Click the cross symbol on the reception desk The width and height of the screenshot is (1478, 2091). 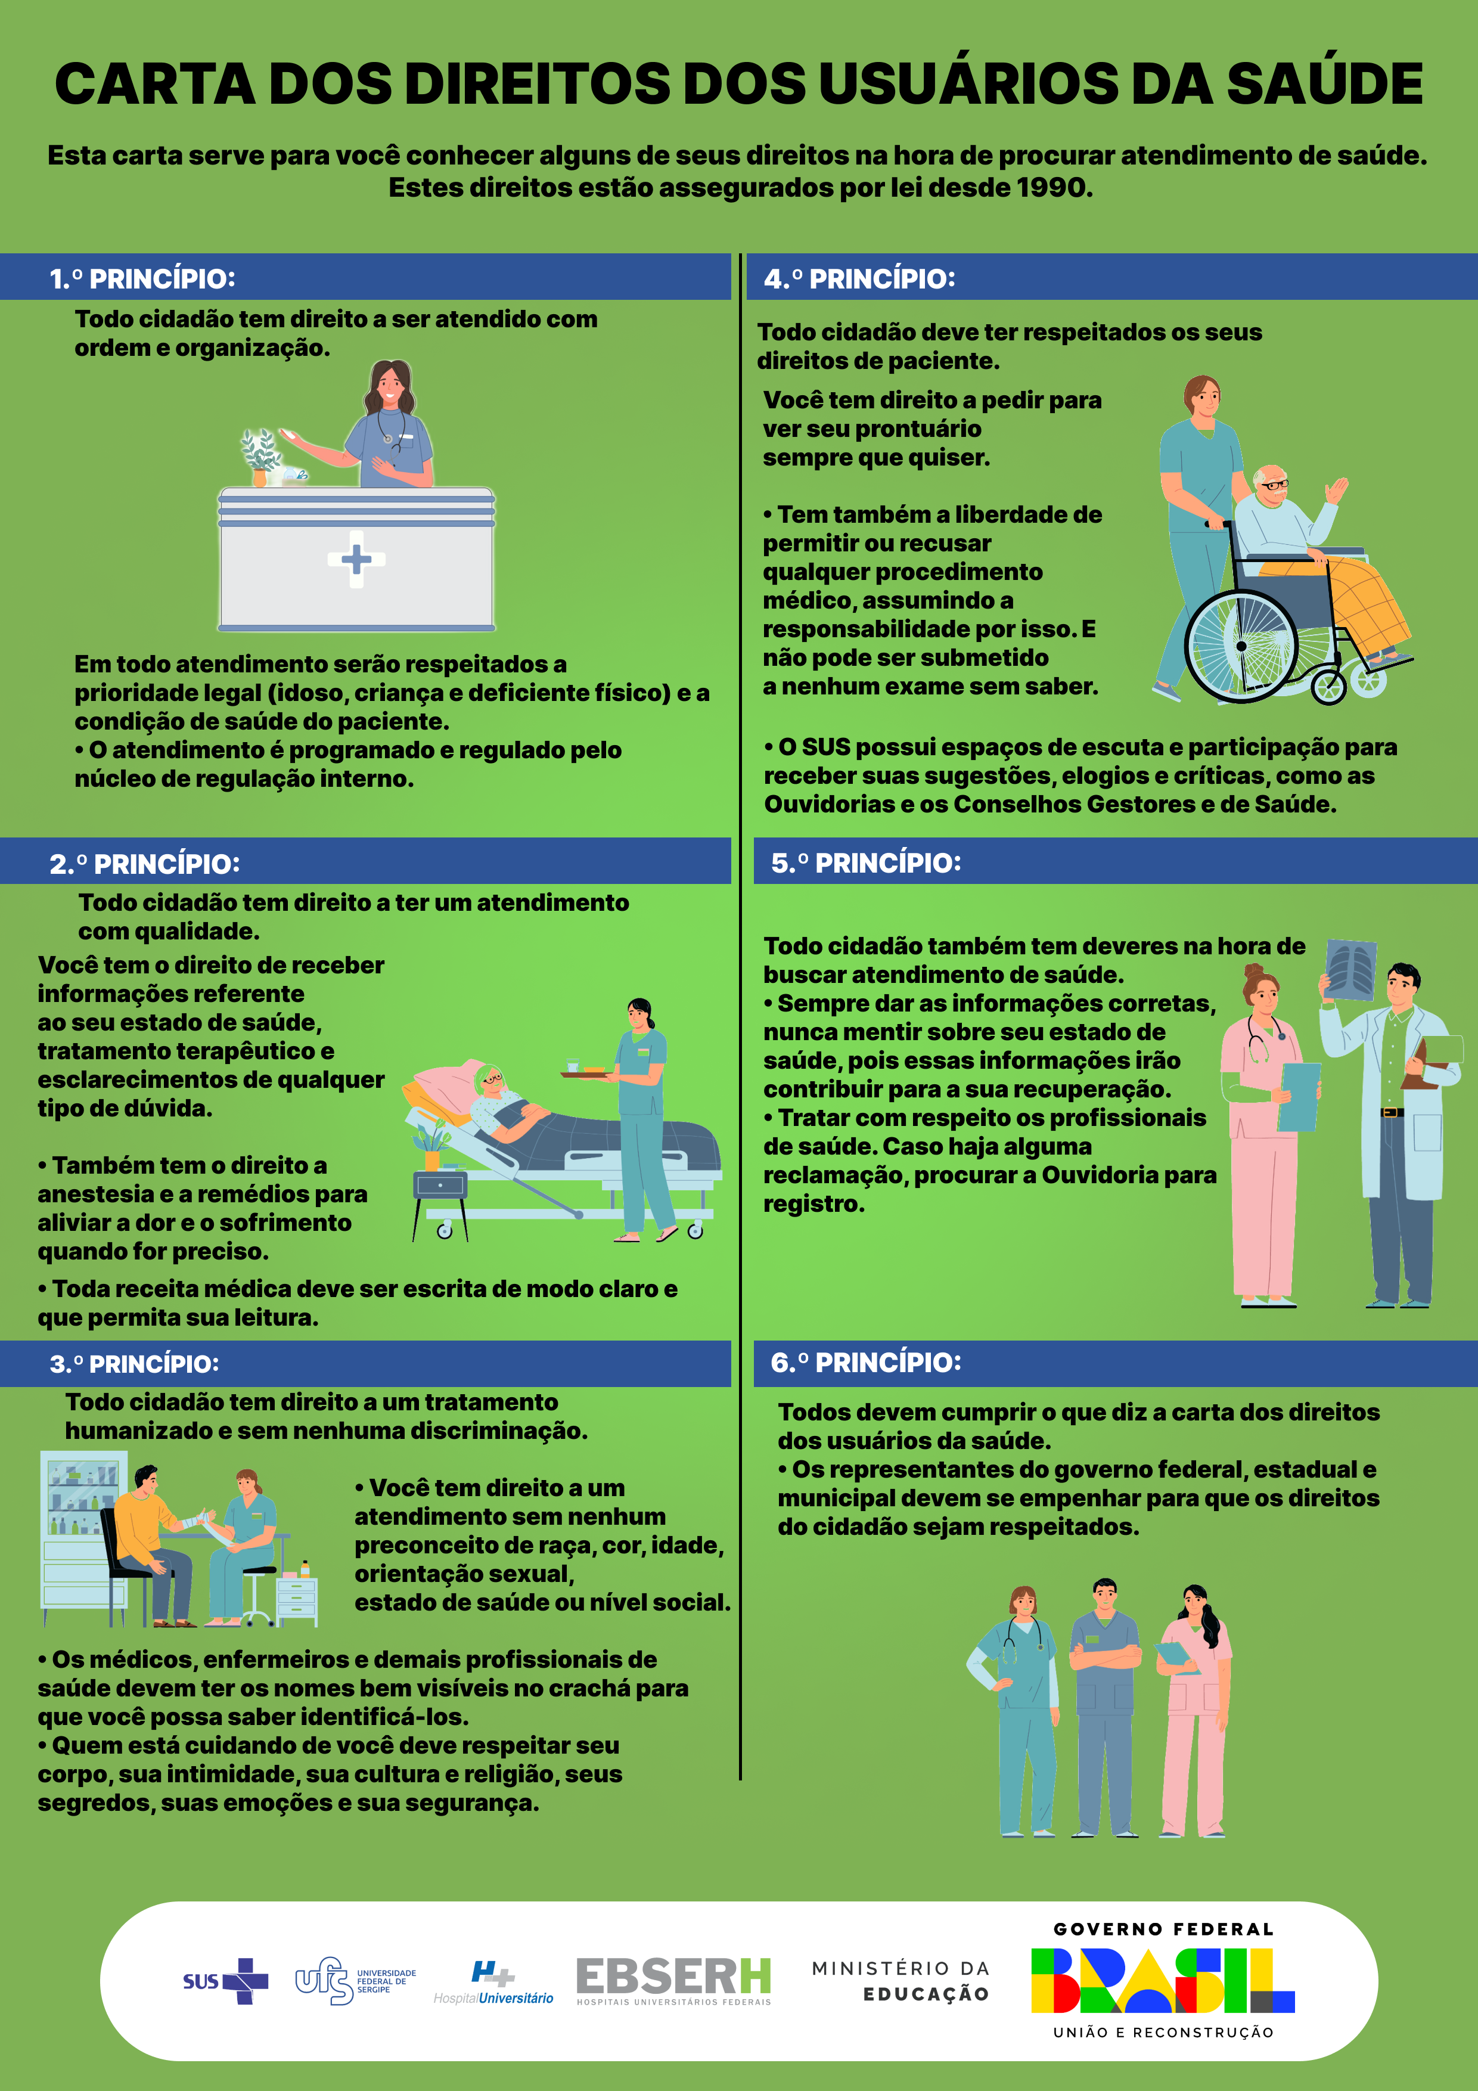coord(356,559)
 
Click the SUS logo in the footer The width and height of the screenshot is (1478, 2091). coord(226,1981)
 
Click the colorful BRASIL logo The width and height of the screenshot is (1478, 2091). coord(1163,1980)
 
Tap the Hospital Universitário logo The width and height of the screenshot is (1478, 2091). coord(493,1984)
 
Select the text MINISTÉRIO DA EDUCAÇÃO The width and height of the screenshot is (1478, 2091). coord(901,1981)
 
